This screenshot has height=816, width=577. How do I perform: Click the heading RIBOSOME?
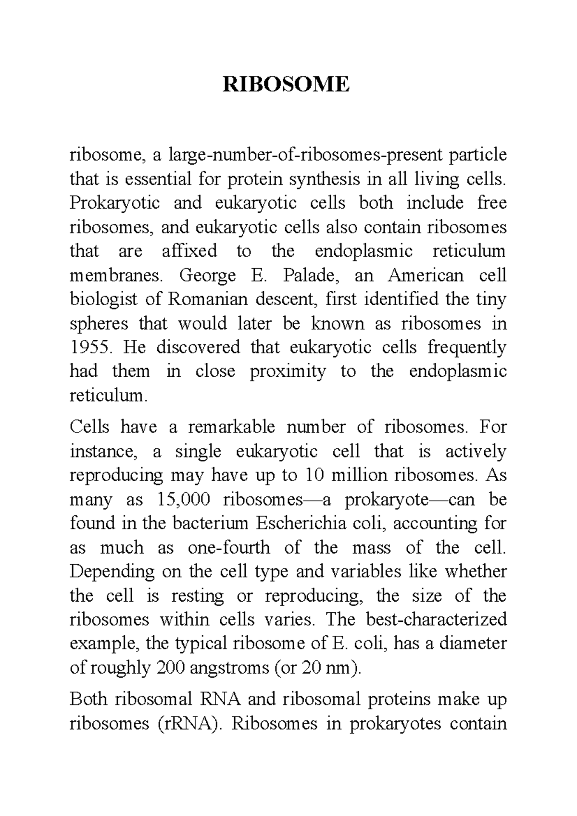tap(286, 85)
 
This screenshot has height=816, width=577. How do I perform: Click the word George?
tap(207, 276)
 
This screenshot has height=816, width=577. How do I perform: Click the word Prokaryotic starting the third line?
tap(114, 203)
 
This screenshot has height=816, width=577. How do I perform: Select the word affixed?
tap(189, 251)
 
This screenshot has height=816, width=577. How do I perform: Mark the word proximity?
tap(288, 371)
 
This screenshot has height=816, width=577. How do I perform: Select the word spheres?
tap(99, 324)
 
